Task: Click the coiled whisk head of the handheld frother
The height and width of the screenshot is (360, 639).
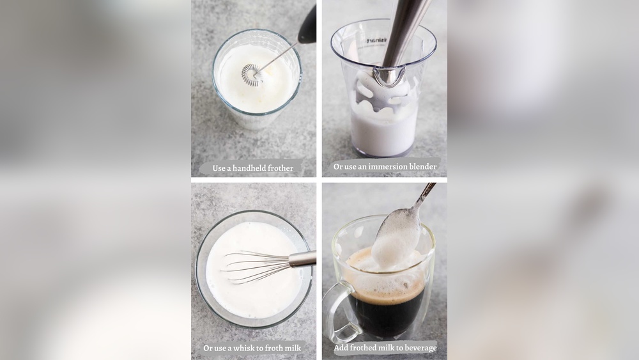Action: pos(251,75)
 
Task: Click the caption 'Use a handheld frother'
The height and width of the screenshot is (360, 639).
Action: pos(253,168)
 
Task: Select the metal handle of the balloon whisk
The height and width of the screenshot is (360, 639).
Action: pos(302,258)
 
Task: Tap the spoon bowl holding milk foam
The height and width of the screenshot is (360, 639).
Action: pos(396,240)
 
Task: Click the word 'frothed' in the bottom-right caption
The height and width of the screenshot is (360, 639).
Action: pos(364,348)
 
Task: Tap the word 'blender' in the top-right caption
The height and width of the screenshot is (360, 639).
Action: pos(422,167)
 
